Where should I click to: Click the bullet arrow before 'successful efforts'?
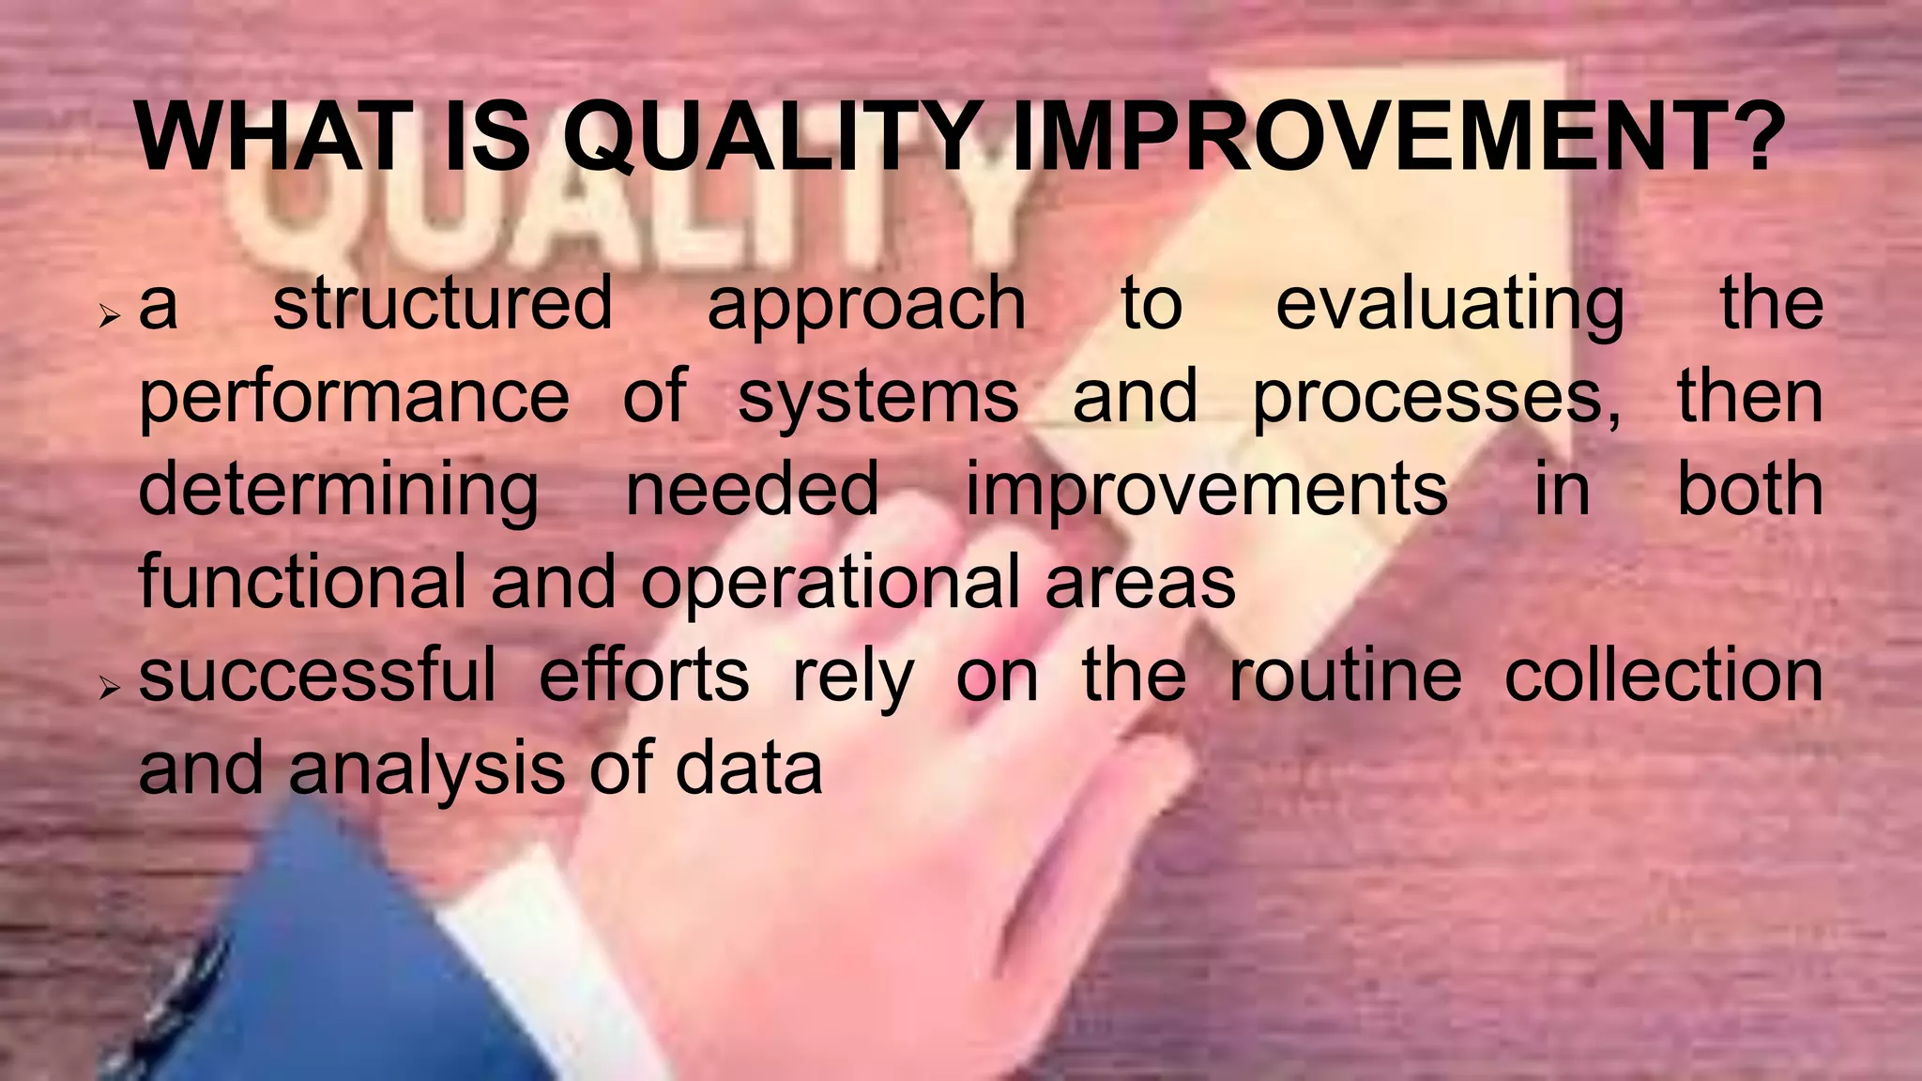coord(111,690)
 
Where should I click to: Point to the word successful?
coord(317,676)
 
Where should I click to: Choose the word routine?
coord(1345,676)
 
